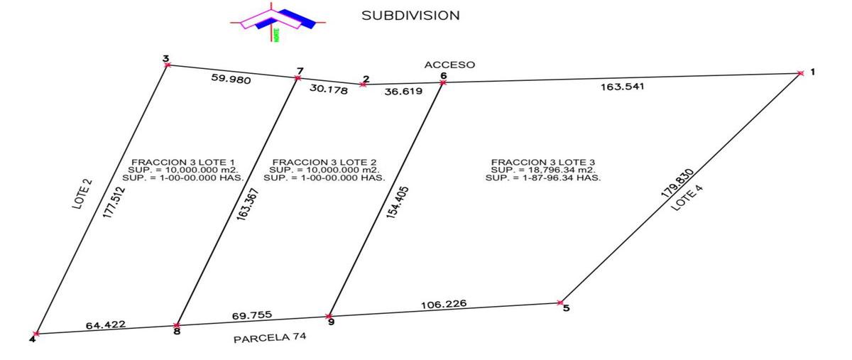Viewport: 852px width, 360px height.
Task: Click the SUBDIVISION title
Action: point(410,16)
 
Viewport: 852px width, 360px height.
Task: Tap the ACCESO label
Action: point(449,65)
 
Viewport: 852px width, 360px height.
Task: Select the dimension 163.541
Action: point(622,87)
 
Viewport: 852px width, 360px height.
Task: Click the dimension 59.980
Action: point(231,79)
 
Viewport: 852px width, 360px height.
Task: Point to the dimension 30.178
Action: point(329,89)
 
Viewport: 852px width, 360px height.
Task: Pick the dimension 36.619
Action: point(403,92)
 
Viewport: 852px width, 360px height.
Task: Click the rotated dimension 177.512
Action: point(114,202)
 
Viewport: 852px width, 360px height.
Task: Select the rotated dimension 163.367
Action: point(247,204)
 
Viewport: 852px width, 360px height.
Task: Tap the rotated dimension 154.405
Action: point(398,202)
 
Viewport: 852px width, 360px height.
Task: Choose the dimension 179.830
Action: point(677,184)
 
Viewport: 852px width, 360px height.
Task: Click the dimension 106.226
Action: point(444,304)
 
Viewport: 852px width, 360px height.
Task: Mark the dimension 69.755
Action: point(252,315)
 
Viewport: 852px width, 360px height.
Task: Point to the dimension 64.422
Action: point(105,324)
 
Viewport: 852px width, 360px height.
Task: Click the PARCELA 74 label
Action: point(270,337)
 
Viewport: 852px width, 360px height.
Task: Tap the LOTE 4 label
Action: point(687,198)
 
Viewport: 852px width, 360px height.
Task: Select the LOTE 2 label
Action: point(82,194)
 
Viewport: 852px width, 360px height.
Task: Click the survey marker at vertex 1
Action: point(801,73)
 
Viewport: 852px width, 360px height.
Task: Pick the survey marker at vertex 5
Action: point(560,302)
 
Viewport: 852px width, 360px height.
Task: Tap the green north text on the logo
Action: point(276,35)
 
